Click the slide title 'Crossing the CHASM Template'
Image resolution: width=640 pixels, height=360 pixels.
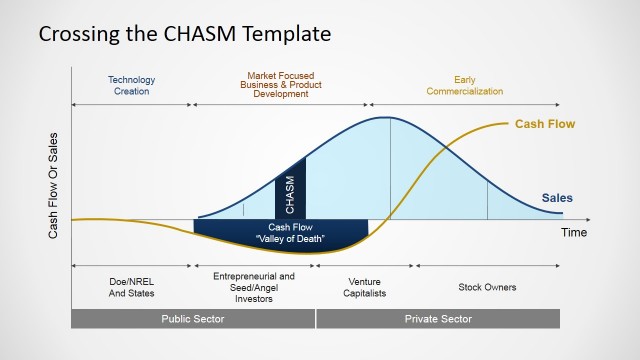184,34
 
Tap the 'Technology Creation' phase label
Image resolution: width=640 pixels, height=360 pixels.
131,85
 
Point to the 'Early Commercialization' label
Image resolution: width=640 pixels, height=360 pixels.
464,85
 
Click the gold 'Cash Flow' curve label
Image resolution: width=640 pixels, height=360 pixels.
545,125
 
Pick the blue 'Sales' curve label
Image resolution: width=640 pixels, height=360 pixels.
557,198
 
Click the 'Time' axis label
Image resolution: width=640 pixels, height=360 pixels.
573,233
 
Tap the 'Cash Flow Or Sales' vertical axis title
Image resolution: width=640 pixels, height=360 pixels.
54,185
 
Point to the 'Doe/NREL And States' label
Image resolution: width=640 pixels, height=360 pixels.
131,288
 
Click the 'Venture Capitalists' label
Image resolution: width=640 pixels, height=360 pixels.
364,288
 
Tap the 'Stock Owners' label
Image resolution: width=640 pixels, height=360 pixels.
487,287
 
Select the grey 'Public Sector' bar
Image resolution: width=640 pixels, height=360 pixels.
193,319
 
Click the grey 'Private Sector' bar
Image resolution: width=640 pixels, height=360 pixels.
438,319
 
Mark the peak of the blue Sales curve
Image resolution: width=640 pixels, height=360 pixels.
387,118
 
